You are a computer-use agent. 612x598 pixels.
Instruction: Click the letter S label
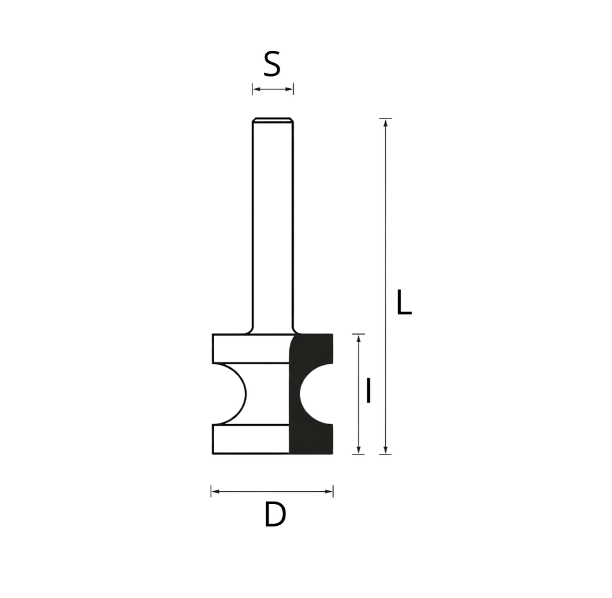pos(272,64)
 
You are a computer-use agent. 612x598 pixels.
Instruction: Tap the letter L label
pos(404,303)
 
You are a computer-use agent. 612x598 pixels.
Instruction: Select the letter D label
pos(275,515)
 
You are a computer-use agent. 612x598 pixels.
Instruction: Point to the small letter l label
pos(368,391)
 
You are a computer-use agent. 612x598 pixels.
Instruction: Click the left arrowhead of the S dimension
pos(256,89)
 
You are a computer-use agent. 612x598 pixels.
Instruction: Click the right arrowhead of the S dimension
pos(290,89)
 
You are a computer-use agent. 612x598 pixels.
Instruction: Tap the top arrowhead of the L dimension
pos(386,122)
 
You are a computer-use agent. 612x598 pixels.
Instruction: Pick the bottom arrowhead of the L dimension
pos(386,450)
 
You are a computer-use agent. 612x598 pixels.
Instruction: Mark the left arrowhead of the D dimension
pos(215,492)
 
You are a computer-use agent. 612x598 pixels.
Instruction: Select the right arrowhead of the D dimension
pos(329,492)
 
